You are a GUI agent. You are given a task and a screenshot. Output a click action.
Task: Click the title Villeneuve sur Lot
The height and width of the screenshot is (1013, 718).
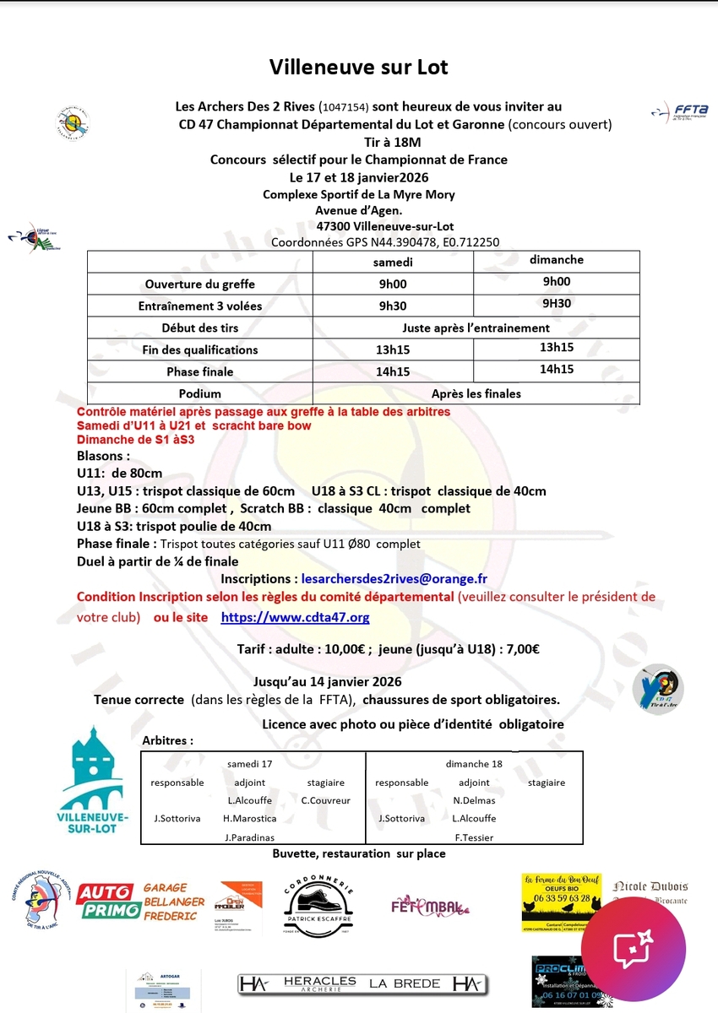coord(359,67)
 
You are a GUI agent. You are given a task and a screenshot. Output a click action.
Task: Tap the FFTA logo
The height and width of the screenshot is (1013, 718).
coord(680,112)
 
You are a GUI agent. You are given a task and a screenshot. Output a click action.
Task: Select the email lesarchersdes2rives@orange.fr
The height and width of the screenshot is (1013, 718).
coord(394,579)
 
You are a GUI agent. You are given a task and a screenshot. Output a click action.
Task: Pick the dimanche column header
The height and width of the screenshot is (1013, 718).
coord(556,260)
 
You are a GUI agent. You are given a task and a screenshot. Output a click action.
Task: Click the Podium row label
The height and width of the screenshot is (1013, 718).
coord(199,393)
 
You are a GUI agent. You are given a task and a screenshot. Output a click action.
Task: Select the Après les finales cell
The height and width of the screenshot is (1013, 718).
coord(476,393)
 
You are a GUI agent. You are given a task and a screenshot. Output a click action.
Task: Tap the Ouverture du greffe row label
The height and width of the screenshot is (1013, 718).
coord(199,284)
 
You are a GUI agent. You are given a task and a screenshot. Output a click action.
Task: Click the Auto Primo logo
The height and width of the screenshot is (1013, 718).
coord(106,901)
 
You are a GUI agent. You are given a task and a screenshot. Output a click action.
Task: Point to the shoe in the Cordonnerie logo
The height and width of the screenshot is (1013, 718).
coord(317,900)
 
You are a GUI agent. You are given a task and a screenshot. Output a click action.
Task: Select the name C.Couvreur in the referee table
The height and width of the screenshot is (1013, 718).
coord(325,800)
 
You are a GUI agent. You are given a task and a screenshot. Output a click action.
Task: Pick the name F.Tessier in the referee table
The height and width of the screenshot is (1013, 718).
coord(473,837)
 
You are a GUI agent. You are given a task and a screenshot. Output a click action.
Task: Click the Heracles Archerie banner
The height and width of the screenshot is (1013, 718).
coord(362,983)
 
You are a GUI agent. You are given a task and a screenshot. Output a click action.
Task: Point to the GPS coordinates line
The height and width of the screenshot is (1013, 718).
coord(384,242)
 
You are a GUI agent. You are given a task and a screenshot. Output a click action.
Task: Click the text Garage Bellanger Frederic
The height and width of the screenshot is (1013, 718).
coord(173,902)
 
